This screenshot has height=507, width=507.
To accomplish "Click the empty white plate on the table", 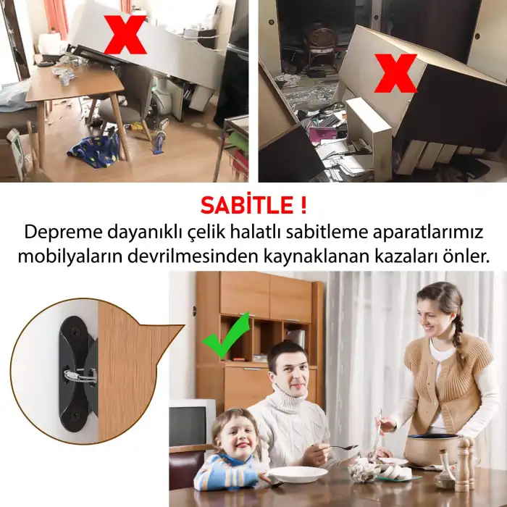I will coord(297,474).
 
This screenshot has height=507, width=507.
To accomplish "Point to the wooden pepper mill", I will coord(462,464).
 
